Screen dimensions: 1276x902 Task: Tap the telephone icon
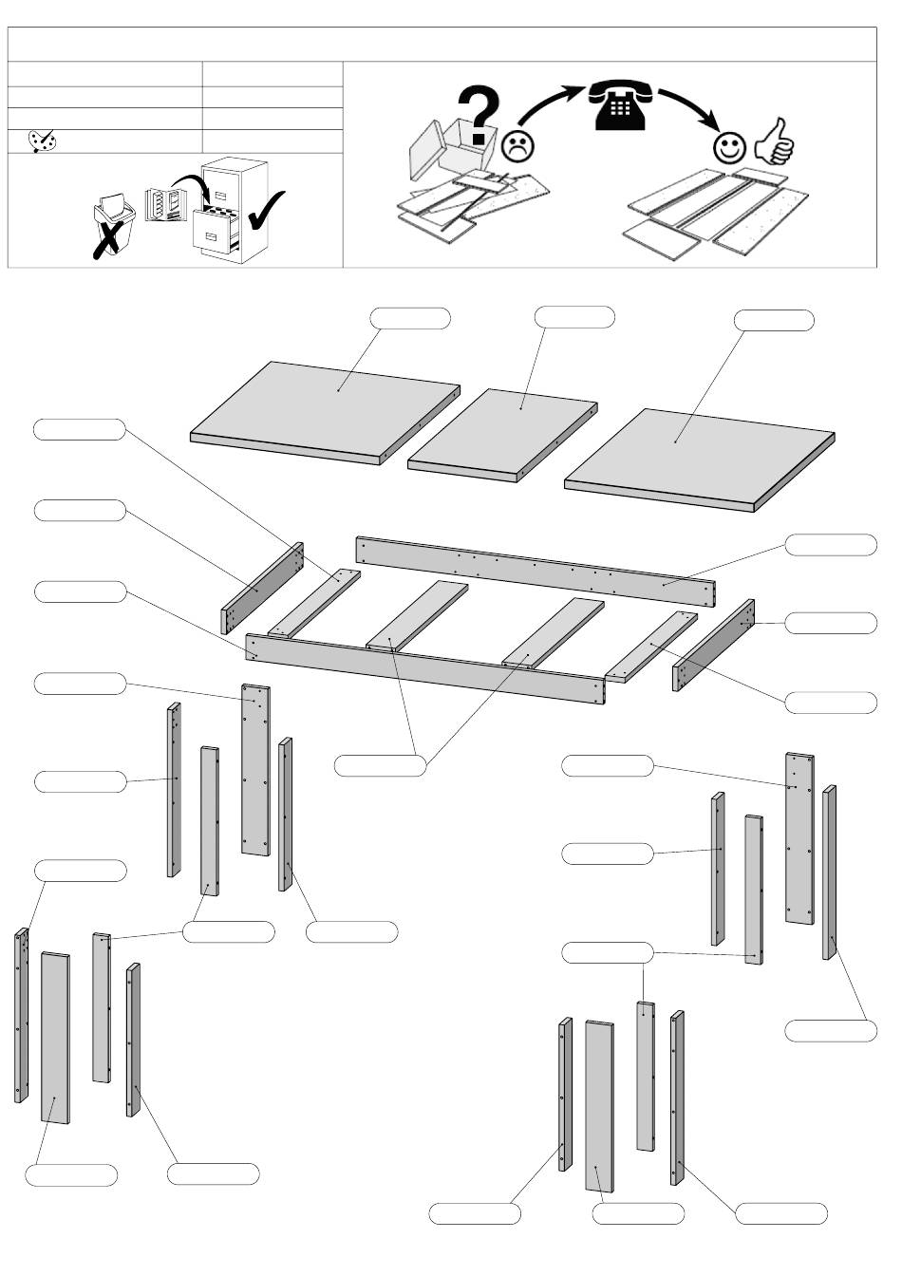(619, 103)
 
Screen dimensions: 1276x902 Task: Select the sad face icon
(518, 145)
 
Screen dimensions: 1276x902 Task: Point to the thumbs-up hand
(774, 141)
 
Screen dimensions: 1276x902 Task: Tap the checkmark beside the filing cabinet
(265, 210)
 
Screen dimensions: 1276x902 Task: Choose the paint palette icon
(42, 141)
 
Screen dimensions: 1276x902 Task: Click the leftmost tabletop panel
(325, 409)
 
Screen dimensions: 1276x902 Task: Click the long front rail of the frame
(424, 668)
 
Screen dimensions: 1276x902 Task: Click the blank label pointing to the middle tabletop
(574, 316)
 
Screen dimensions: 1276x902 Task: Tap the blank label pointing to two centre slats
(380, 764)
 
